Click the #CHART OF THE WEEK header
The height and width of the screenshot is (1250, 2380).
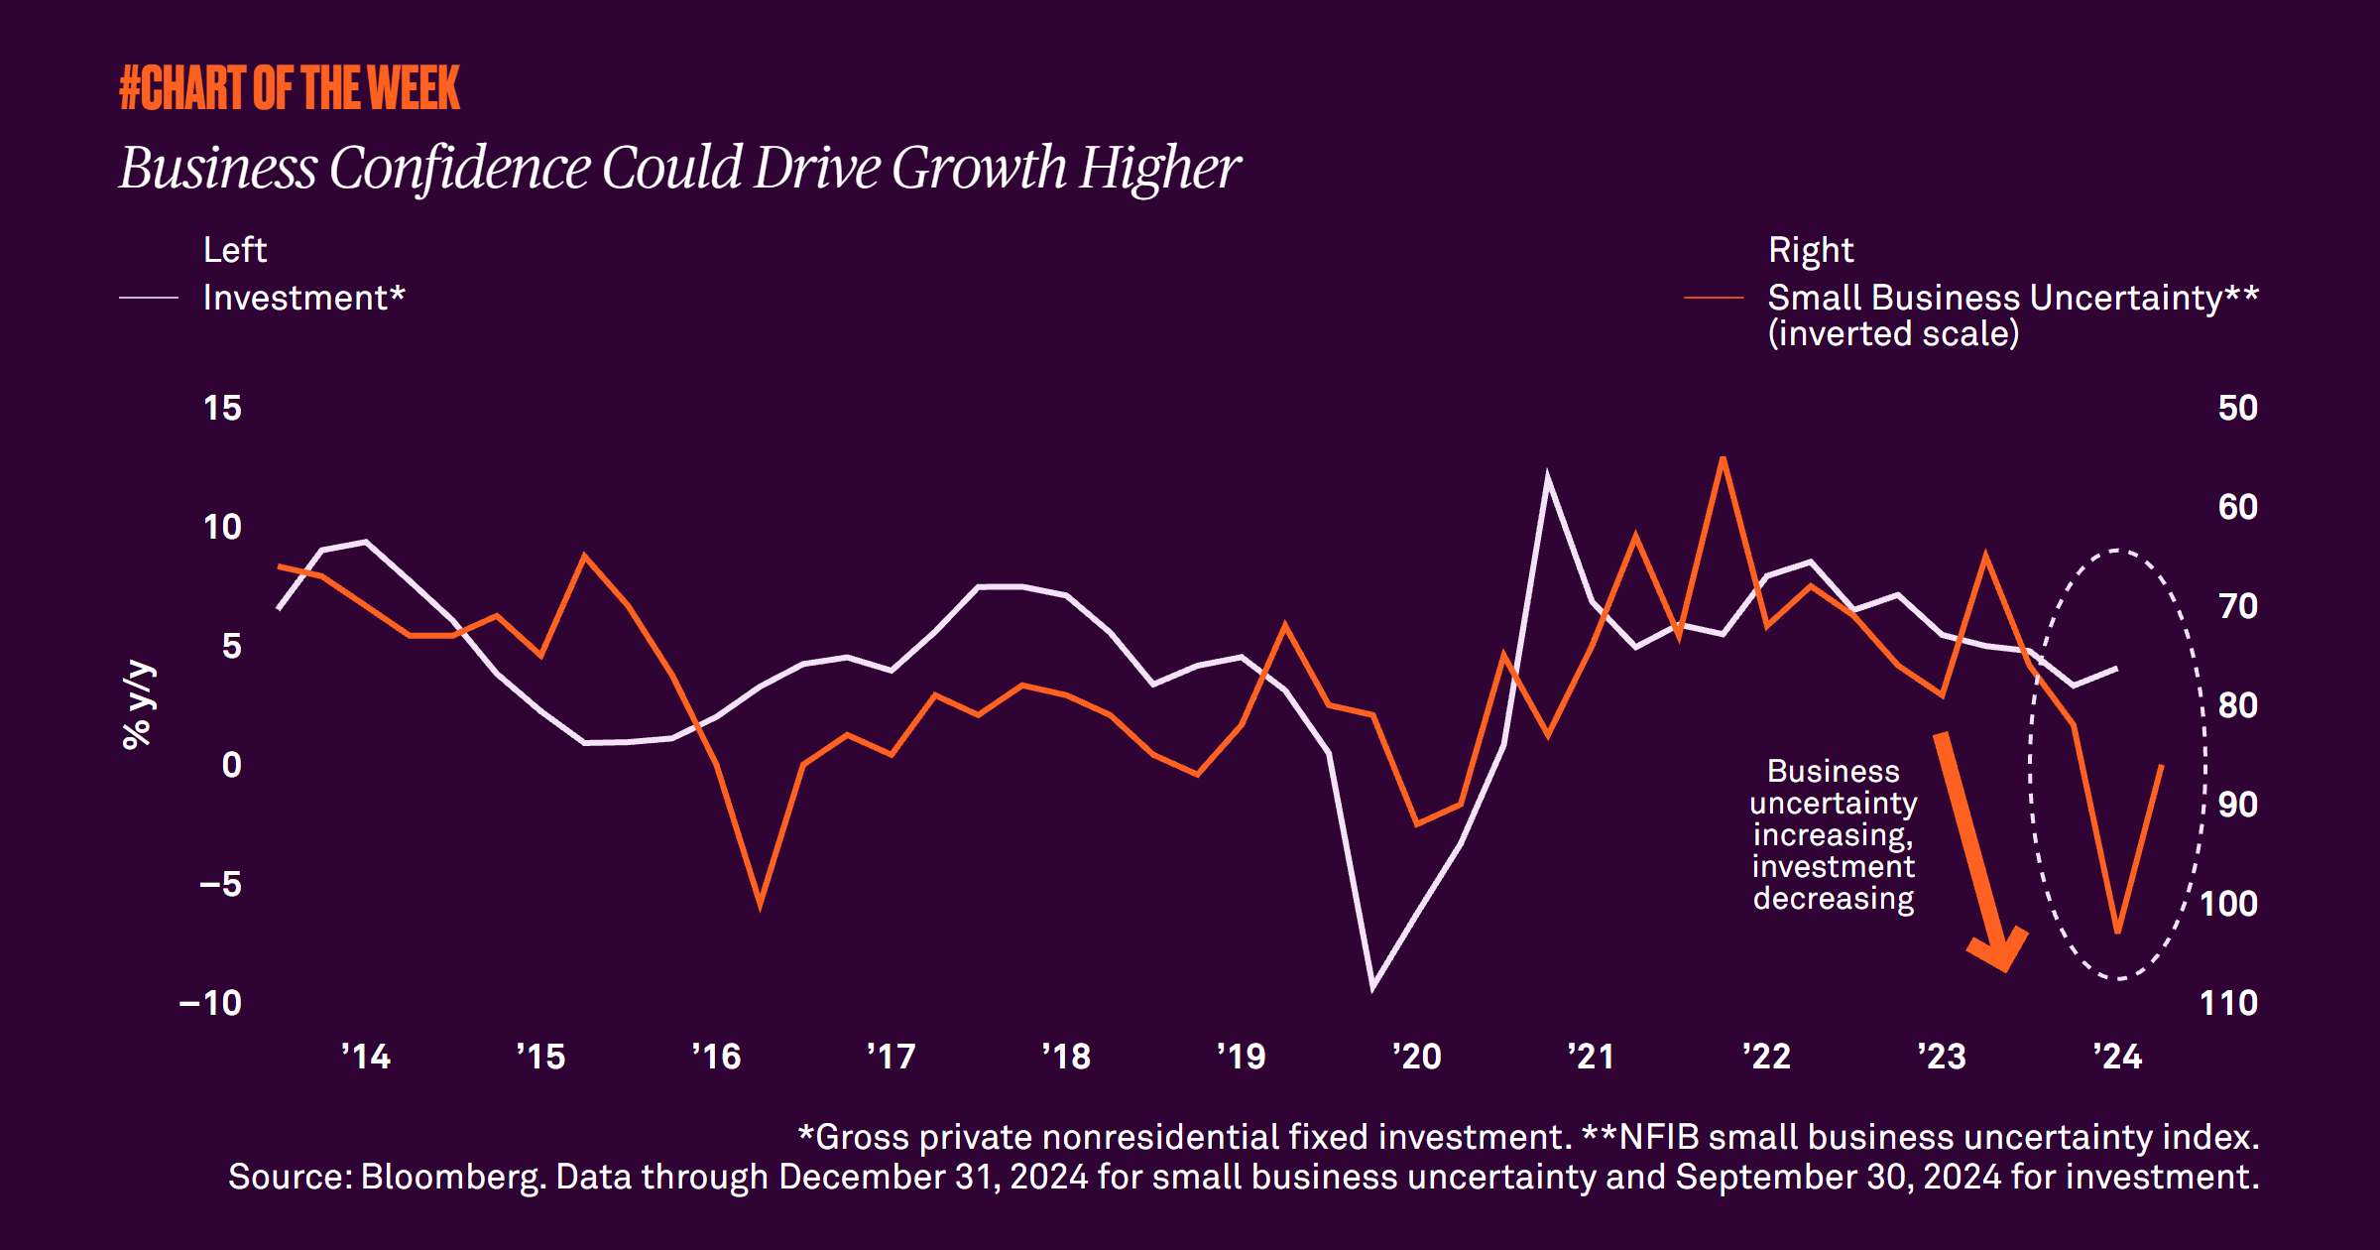[290, 87]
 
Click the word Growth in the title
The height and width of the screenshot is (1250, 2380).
[979, 168]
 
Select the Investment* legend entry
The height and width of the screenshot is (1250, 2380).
[303, 298]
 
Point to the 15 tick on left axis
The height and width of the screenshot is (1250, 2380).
[222, 408]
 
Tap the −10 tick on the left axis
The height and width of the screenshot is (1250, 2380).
[210, 1003]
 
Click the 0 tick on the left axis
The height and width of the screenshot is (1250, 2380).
[231, 765]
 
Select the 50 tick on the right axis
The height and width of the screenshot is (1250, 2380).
[2237, 408]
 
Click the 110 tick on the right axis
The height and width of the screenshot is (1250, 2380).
[2228, 1003]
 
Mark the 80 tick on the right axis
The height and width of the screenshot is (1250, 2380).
[2237, 705]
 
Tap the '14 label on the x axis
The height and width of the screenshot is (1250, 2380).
[366, 1057]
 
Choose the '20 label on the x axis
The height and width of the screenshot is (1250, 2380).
[1416, 1057]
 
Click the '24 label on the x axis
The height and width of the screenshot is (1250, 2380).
[2117, 1057]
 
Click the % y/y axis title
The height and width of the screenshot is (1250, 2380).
[138, 705]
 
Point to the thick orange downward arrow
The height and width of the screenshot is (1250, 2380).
[1979, 853]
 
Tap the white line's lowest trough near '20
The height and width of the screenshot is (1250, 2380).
[1372, 988]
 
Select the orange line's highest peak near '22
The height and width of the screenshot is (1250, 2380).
[1724, 459]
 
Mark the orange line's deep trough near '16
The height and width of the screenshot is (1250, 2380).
[760, 905]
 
